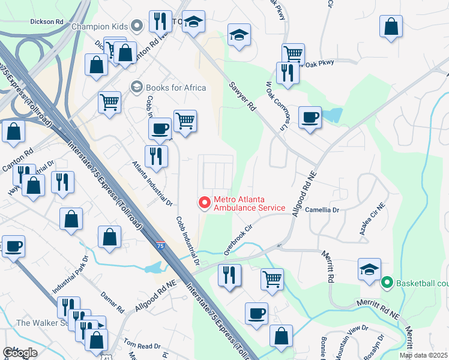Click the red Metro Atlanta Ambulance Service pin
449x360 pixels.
coord(205,203)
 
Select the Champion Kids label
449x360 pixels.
coord(100,26)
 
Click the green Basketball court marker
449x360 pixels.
coord(387,281)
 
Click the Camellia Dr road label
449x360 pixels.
coord(322,211)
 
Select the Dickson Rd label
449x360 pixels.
coord(46,21)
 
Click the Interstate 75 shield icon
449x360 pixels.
coord(160,245)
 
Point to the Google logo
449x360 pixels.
coord(20,352)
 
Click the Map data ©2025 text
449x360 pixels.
coord(423,355)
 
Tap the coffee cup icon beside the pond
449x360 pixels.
coord(310,118)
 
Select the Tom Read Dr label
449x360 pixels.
coord(142,346)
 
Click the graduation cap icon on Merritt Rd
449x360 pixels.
coord(369,269)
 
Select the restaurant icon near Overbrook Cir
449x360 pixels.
coord(229,275)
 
